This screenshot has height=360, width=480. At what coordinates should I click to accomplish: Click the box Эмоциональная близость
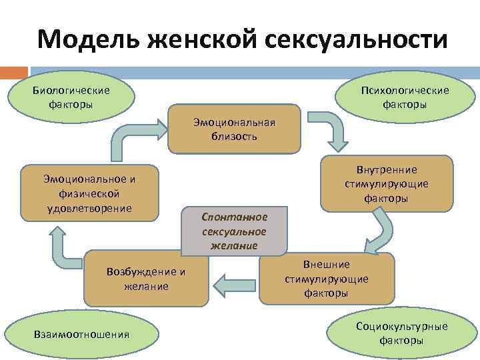[234, 129]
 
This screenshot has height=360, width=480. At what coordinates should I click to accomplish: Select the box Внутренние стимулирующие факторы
[387, 183]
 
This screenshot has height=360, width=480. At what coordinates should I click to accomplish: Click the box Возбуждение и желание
[146, 279]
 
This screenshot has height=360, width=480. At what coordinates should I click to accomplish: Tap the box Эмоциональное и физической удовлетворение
[89, 193]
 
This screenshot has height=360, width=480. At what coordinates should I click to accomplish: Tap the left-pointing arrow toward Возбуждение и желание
[233, 285]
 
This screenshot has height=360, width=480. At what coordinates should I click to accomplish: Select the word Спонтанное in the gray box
[235, 217]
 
